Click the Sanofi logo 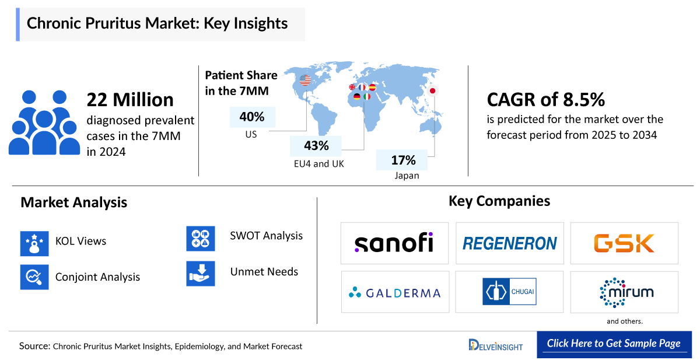(x=394, y=243)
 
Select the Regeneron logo (x=509, y=243)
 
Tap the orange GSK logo (x=624, y=243)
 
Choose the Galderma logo (x=394, y=292)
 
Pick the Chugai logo (x=509, y=292)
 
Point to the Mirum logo (x=624, y=292)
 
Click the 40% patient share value (x=252, y=117)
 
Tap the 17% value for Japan (x=403, y=159)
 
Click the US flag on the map (x=305, y=81)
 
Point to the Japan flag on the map (x=433, y=90)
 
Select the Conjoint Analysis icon (x=34, y=276)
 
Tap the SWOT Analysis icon (x=201, y=238)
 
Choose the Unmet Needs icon (x=201, y=272)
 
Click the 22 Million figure (x=130, y=100)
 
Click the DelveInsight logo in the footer (x=495, y=345)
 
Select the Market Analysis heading (x=74, y=202)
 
